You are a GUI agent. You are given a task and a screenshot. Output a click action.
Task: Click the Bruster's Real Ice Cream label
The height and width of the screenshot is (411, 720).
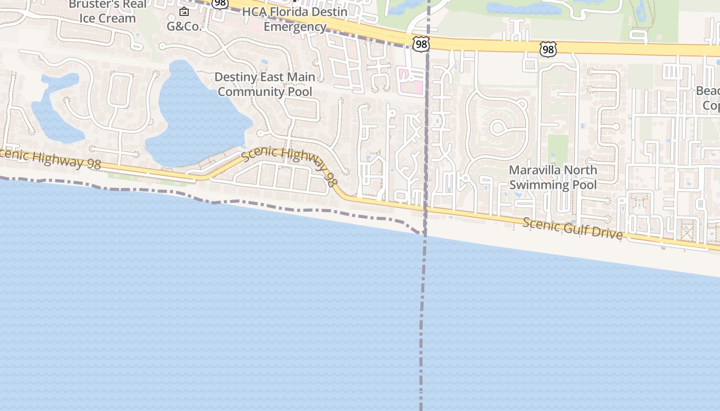107,11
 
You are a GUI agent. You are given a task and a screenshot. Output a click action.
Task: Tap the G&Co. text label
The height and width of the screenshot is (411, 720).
184,26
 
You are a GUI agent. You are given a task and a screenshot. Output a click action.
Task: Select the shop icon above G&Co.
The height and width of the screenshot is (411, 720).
184,11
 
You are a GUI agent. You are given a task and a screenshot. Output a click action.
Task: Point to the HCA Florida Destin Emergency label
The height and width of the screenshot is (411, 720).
295,19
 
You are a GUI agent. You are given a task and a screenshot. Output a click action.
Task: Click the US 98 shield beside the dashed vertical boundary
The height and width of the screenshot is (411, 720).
421,44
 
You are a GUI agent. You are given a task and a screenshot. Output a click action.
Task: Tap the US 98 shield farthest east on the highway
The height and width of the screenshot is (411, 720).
548,49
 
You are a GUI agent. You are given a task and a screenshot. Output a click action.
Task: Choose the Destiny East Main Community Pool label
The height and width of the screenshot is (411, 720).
265,84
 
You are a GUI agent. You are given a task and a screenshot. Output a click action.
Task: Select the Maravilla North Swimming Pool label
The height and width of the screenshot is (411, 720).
553,177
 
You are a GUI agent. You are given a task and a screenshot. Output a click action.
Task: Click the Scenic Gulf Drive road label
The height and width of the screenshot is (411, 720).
573,229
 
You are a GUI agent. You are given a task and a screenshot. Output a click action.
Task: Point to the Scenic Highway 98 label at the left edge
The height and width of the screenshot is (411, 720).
46,159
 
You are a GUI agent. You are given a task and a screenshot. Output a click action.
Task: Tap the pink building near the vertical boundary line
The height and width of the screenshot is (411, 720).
412,82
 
